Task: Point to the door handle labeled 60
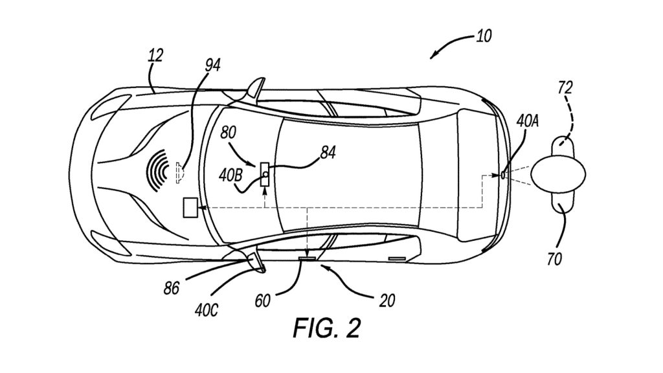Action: [x=307, y=258]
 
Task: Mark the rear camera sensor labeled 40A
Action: [x=504, y=174]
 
